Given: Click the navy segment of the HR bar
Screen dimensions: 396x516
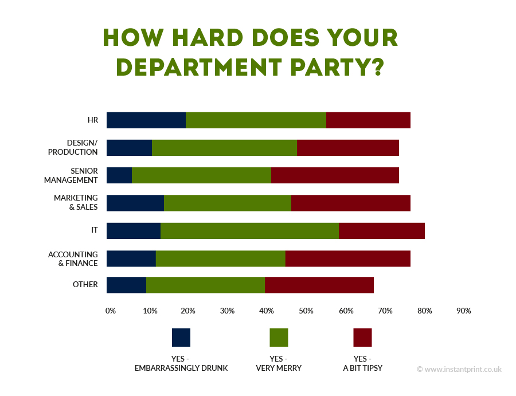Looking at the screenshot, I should pyautogui.click(x=146, y=120).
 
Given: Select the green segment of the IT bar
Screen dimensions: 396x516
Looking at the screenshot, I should pyautogui.click(x=249, y=230).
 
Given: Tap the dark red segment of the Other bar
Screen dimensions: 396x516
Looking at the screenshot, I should pyautogui.click(x=319, y=285).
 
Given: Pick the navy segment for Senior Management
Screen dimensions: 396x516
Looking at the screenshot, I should pyautogui.click(x=119, y=175).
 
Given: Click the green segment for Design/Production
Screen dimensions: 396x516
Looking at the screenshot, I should pyautogui.click(x=224, y=148).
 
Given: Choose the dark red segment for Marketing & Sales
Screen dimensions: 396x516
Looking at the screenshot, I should pyautogui.click(x=350, y=203).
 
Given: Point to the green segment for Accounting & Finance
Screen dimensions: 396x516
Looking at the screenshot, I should pyautogui.click(x=220, y=258).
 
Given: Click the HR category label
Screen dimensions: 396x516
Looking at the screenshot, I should pyautogui.click(x=92, y=120).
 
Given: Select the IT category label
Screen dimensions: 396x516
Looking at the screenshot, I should pyautogui.click(x=94, y=230).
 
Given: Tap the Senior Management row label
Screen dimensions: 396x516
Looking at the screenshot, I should pyautogui.click(x=72, y=175).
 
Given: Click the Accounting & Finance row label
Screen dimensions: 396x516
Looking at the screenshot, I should pyautogui.click(x=73, y=258).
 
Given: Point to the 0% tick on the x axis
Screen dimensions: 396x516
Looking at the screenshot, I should pyautogui.click(x=111, y=311).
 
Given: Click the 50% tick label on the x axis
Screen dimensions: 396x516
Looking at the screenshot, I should pyautogui.click(x=306, y=311).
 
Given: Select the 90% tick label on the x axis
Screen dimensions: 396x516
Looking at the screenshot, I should pyautogui.click(x=463, y=311).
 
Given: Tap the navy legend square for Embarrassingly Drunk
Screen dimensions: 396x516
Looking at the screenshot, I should pyautogui.click(x=181, y=338).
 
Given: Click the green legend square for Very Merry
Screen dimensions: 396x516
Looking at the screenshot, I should pyautogui.click(x=279, y=338).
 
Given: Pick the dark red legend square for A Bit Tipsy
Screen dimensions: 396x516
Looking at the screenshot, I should pyautogui.click(x=362, y=338).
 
